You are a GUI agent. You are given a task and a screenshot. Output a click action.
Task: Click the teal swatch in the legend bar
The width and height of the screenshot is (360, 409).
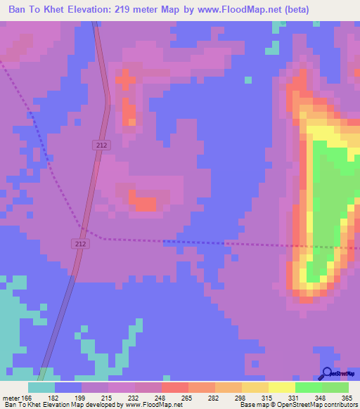coord(41,387)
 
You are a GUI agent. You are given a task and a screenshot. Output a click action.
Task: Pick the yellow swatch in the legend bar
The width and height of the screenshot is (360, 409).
coord(281,387)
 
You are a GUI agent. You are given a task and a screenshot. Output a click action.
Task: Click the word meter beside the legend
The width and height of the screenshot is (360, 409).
coord(11,397)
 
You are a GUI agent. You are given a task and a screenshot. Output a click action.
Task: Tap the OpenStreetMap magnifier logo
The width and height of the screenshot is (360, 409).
coord(327,373)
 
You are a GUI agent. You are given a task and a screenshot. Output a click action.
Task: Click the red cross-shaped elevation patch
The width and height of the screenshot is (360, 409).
coord(126,80)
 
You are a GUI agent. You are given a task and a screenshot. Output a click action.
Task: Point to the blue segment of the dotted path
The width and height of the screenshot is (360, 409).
coord(193,242)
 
